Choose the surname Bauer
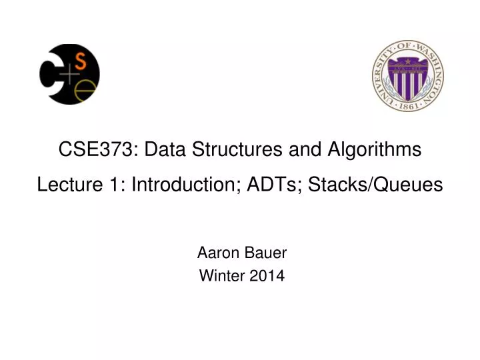(x=266, y=253)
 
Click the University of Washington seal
(x=408, y=75)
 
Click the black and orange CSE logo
(x=69, y=74)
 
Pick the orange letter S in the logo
(x=81, y=62)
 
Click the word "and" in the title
(x=302, y=149)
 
